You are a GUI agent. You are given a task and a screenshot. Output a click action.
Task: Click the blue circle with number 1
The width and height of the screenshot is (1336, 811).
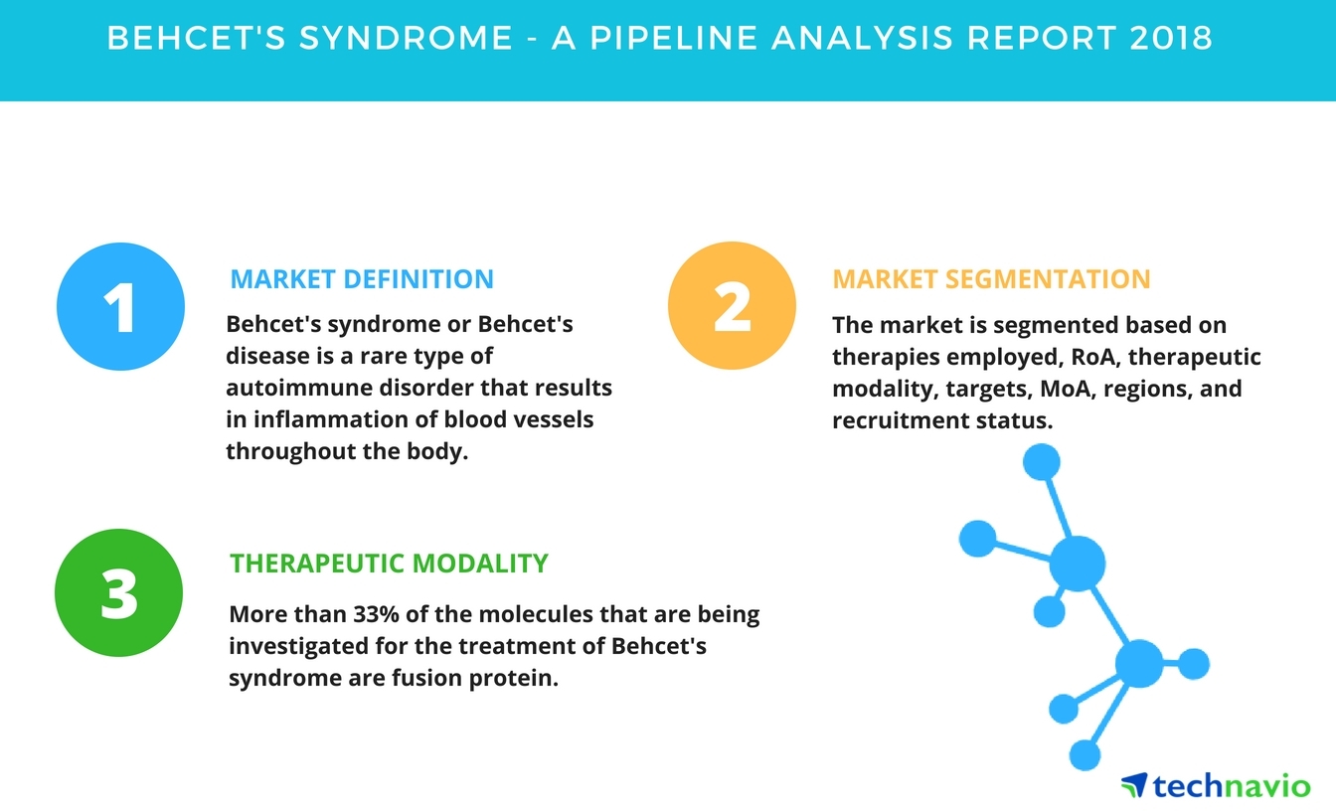[120, 307]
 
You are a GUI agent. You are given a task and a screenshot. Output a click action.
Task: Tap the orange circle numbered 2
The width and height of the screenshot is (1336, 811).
[732, 307]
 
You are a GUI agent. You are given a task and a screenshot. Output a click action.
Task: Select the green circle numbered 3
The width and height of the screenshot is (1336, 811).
[118, 592]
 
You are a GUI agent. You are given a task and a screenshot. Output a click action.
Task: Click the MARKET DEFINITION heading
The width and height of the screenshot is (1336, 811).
[361, 278]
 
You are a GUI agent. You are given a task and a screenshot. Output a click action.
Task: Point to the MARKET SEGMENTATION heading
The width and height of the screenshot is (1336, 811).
[990, 278]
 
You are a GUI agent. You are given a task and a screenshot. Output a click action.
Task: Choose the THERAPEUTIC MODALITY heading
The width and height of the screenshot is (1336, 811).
[389, 564]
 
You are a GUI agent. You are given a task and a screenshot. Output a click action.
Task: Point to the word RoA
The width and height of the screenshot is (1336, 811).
[1090, 357]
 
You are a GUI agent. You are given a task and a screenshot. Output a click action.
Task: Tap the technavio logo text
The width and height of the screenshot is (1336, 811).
[1233, 786]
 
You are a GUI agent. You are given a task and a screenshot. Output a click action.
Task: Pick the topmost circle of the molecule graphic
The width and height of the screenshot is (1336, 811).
[1041, 461]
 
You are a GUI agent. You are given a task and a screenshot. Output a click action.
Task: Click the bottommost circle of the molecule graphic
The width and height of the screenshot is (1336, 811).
[1085, 754]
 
